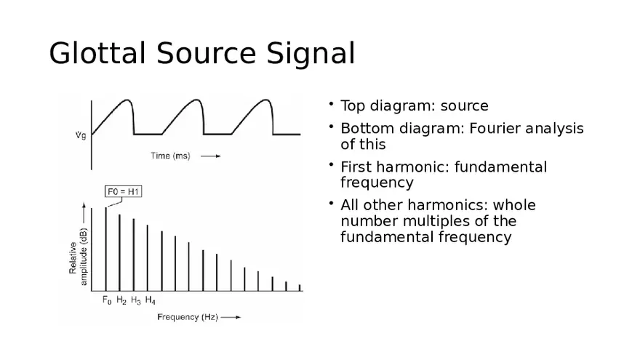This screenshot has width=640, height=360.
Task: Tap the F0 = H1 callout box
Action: pos(124,192)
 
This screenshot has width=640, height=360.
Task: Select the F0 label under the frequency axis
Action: pos(106,300)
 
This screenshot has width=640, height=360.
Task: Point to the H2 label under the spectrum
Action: pos(121,300)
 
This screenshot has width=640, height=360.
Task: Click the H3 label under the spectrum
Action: pos(135,300)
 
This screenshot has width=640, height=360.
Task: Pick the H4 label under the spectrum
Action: pos(150,300)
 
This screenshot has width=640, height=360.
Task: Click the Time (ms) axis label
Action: pos(170,156)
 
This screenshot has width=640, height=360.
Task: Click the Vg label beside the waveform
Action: pos(80,135)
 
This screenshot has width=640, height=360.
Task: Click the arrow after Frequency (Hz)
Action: pos(231,317)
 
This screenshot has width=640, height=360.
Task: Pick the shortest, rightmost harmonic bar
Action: pos(300,288)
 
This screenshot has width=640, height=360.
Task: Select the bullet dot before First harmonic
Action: pos(330,164)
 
